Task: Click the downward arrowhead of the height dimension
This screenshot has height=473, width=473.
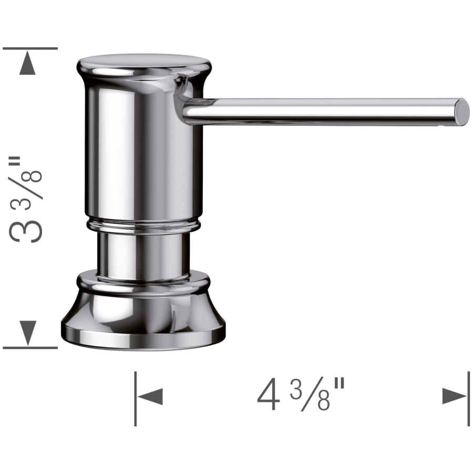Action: click(28, 333)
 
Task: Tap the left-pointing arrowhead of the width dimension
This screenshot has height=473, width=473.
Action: click(150, 396)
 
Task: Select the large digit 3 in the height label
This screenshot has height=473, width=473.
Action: click(26, 231)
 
